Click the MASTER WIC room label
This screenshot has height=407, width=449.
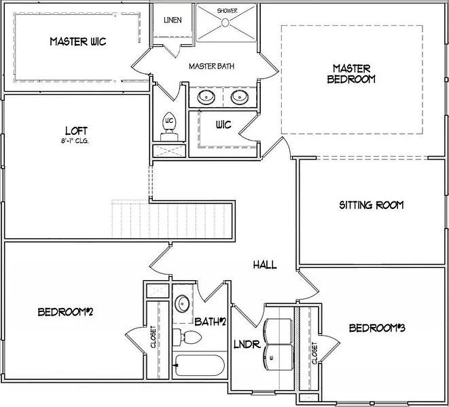[77, 42]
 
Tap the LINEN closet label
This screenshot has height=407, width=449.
[173, 20]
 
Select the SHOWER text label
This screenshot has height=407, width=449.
[227, 12]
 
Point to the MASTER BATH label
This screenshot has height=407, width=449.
[211, 66]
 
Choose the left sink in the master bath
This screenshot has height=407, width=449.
[206, 98]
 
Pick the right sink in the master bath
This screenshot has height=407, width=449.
[239, 98]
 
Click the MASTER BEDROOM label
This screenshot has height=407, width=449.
[352, 73]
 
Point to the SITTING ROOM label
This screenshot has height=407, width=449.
[371, 205]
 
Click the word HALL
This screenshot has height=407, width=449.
[264, 265]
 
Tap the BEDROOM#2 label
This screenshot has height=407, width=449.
[65, 312]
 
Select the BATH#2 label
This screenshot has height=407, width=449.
[210, 321]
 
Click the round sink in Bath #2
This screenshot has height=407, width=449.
[182, 303]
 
